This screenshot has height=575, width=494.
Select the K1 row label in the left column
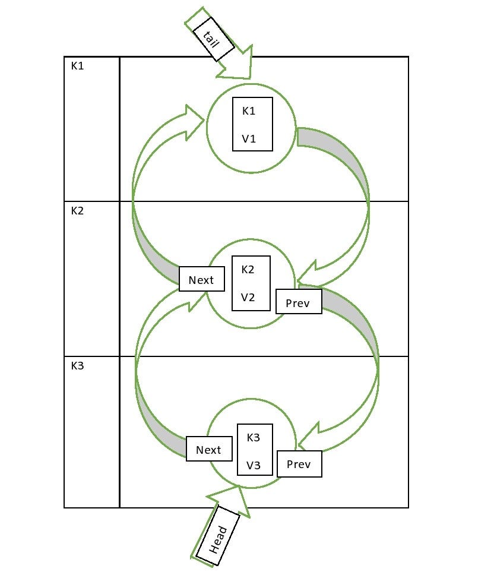click(x=78, y=66)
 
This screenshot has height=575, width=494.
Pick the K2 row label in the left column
click(x=78, y=211)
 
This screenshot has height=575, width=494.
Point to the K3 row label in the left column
click(x=78, y=366)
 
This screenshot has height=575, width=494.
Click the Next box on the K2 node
click(x=201, y=280)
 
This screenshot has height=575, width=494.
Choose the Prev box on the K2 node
click(x=298, y=303)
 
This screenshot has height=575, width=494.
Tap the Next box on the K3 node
click(x=208, y=450)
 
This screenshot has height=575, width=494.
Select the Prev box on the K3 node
click(x=299, y=465)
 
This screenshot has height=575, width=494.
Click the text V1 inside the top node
click(x=249, y=139)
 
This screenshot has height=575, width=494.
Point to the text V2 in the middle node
click(x=248, y=298)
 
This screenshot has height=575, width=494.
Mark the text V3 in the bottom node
click(x=254, y=465)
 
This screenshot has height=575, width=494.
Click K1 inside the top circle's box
click(x=249, y=110)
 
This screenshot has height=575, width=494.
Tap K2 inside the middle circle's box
click(x=248, y=269)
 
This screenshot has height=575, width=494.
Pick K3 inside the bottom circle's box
click(x=254, y=438)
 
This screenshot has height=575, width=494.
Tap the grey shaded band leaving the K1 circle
click(x=332, y=146)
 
